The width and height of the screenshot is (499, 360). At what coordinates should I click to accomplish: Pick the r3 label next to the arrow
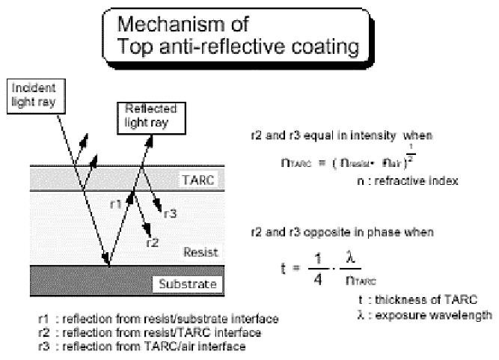pyautogui.click(x=171, y=213)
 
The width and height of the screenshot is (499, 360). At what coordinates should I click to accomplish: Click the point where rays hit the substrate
pyautogui.click(x=109, y=265)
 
